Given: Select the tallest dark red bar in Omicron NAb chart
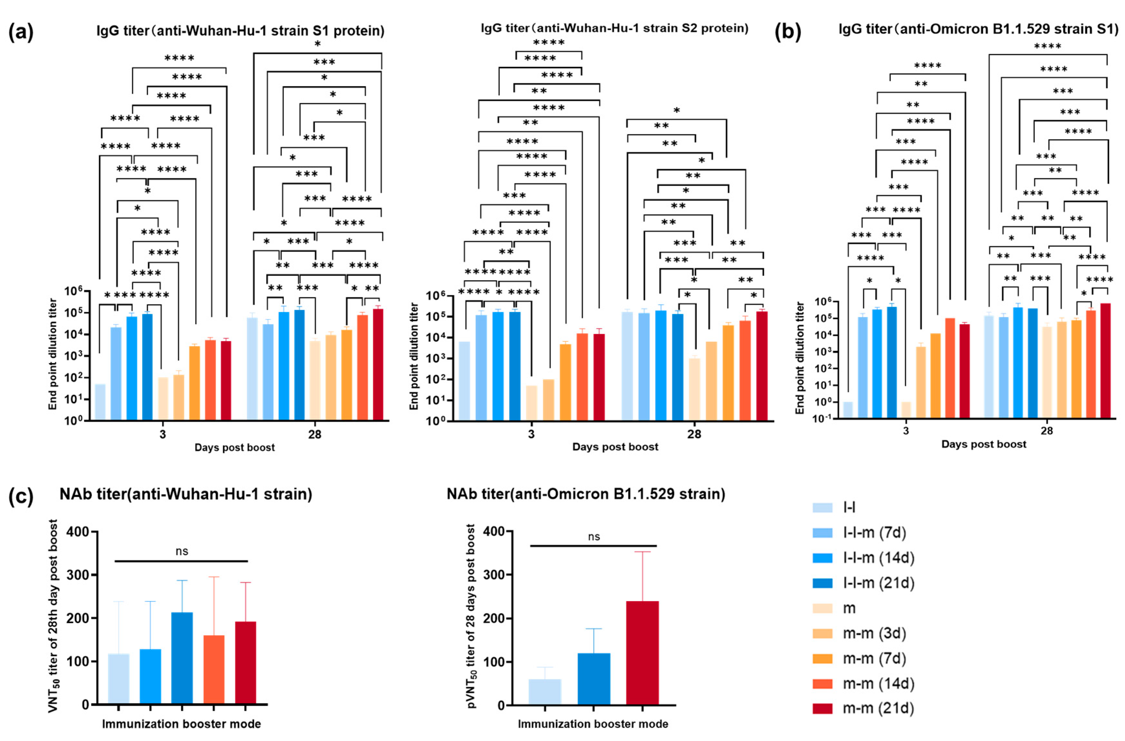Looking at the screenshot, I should pos(642,652).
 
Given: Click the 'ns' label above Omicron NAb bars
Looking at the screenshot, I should pos(594,537).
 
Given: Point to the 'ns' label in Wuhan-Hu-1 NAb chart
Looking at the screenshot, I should pos(182,551).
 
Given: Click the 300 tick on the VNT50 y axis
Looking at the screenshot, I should pos(78,575).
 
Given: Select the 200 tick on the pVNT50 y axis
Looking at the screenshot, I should pos(494,619).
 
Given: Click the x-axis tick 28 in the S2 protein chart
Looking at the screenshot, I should pos(694,434).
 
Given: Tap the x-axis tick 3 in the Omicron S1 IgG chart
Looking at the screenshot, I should pos(905,431).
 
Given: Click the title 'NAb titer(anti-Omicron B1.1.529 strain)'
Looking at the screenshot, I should pos(586,494).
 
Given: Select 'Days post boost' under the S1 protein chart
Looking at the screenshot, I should pos(235,447).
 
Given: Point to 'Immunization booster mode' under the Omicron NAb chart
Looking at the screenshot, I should pos(593,724).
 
